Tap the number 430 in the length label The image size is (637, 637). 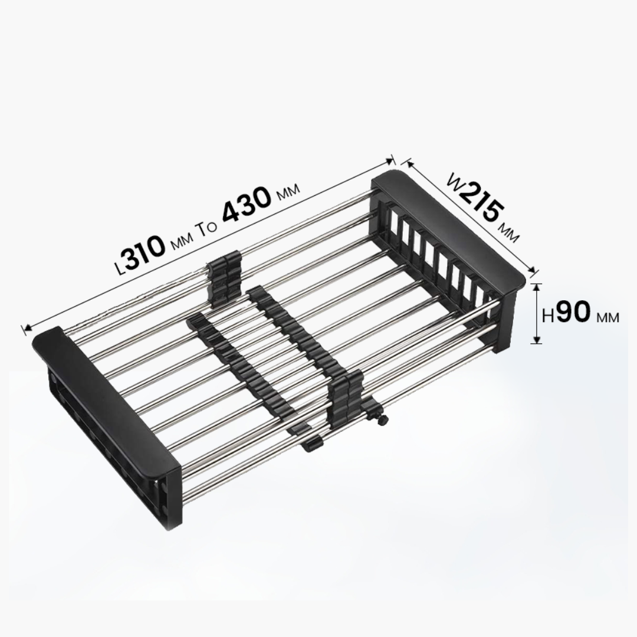(x=247, y=209)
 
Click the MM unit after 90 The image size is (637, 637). (x=608, y=317)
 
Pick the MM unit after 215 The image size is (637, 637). (x=510, y=233)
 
